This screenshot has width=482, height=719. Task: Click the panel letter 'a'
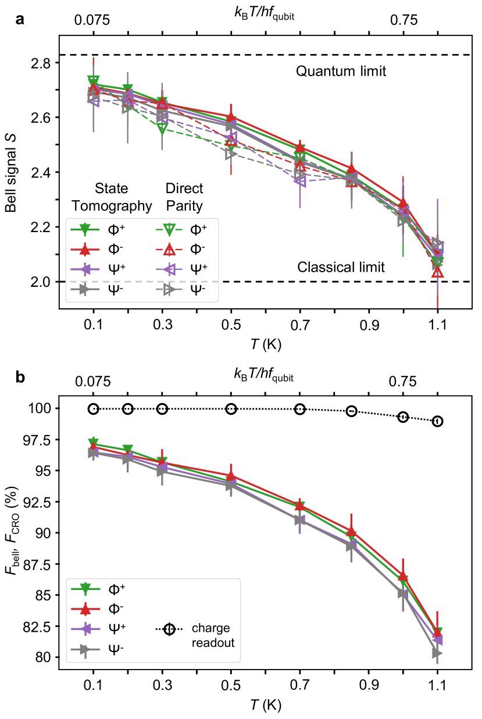tap(21, 21)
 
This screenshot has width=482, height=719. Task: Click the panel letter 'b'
tap(21, 378)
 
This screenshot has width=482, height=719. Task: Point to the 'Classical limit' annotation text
tap(341, 268)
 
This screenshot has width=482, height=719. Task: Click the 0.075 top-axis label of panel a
tap(92, 20)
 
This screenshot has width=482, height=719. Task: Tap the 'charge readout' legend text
tap(210, 636)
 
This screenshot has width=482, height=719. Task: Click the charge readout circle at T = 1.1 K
tap(437, 421)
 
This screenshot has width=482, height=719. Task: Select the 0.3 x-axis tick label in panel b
tap(162, 686)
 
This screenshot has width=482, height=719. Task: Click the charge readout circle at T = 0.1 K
tap(94, 409)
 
